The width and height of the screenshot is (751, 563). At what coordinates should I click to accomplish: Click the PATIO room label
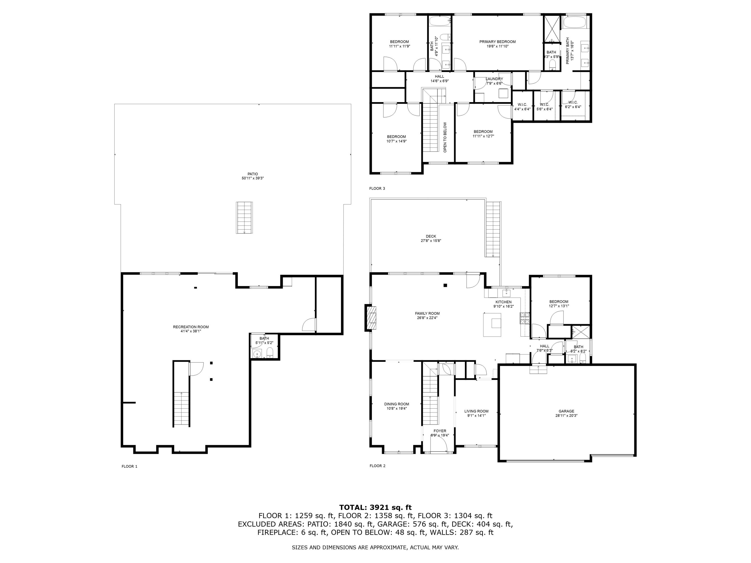(x=252, y=174)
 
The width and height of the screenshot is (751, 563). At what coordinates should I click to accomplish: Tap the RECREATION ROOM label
(x=191, y=327)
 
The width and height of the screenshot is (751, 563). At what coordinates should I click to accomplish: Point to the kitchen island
(x=492, y=325)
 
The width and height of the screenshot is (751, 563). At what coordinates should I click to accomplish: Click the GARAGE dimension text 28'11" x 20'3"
(x=566, y=416)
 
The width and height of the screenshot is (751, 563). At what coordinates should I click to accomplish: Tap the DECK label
(x=431, y=236)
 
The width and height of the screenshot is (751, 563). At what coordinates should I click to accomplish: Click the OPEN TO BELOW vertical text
(x=445, y=137)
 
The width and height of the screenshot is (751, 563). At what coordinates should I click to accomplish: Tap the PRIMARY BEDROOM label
(x=497, y=42)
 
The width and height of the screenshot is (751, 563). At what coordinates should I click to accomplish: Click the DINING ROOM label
(x=397, y=404)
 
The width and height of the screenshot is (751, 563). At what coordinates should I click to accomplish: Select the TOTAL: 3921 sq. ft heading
(x=375, y=507)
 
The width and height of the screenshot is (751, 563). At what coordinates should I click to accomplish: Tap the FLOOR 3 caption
(x=377, y=188)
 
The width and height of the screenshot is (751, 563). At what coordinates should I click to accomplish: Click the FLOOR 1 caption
(x=129, y=466)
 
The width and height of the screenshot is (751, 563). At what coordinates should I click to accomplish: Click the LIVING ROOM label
(x=476, y=411)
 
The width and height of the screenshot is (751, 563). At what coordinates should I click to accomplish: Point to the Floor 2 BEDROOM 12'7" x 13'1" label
(x=559, y=302)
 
